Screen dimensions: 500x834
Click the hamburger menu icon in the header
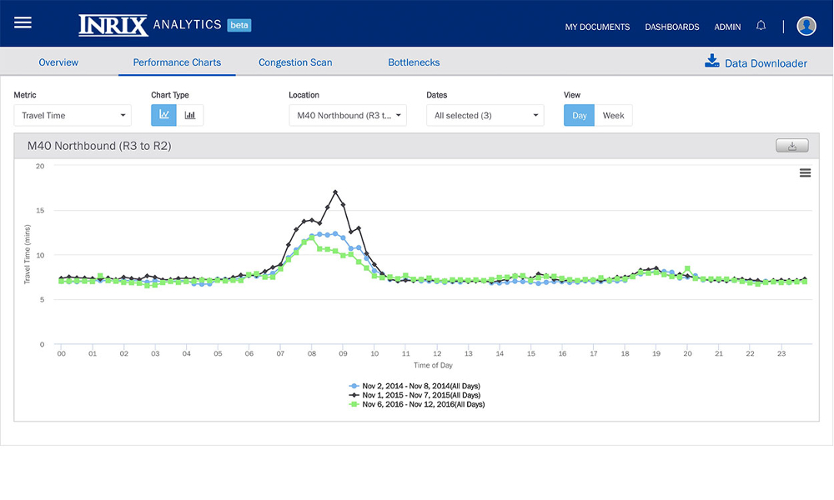pos(23,22)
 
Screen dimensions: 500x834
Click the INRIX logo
pos(113,25)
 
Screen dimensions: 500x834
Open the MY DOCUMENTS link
pos(597,27)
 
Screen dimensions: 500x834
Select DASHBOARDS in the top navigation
pos(671,27)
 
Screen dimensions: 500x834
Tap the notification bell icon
pos(761,26)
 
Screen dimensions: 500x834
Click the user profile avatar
pos(806,26)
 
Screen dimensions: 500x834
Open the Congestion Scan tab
pos(295,62)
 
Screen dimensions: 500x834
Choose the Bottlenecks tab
pos(414,62)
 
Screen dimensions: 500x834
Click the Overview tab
pos(58,62)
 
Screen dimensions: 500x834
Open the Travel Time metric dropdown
pos(73,115)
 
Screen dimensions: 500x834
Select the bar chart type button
pos(190,115)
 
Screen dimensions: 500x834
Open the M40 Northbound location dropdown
pos(348,115)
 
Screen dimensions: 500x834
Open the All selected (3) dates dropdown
pos(485,115)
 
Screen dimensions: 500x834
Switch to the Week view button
pos(613,115)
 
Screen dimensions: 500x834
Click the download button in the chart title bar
pos(791,146)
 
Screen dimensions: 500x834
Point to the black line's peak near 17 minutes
pos(335,192)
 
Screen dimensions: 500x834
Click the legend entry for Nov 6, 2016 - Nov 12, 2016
pos(422,404)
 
